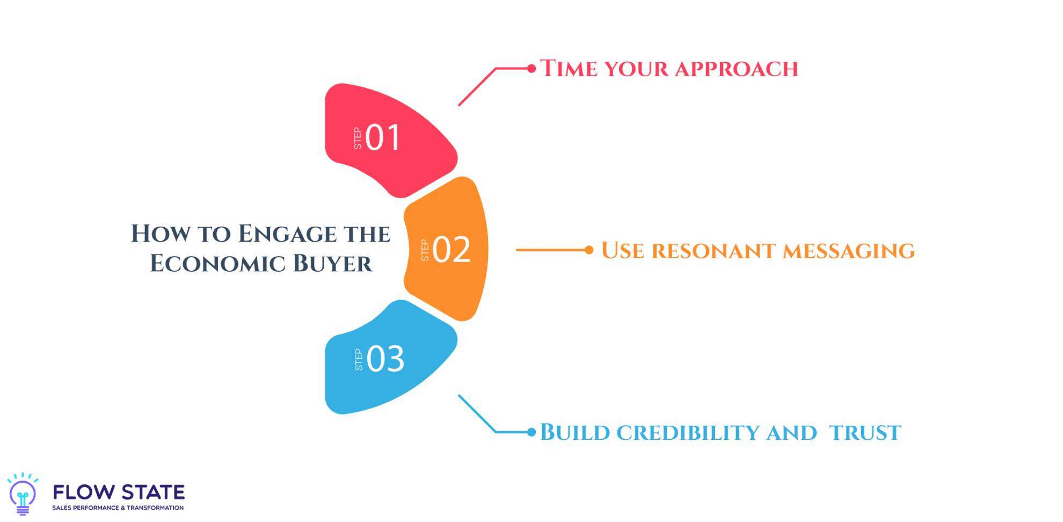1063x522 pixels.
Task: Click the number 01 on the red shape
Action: tap(383, 137)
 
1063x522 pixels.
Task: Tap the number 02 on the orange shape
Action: tap(452, 250)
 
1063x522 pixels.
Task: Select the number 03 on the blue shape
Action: tap(385, 359)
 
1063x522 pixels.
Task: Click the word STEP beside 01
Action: tap(358, 138)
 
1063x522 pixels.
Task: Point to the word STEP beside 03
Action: tap(359, 360)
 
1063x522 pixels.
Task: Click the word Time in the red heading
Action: tap(568, 69)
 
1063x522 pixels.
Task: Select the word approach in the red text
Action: tap(736, 69)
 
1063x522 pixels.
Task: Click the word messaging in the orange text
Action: tap(848, 251)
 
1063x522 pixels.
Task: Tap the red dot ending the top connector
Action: tap(531, 68)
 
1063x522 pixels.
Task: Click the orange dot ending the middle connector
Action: tap(589, 250)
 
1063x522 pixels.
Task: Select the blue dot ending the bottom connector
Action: tap(531, 432)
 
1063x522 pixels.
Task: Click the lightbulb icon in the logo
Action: tap(23, 495)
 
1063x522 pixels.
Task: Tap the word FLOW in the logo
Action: tap(84, 492)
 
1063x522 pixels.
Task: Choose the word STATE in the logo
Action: tap(152, 492)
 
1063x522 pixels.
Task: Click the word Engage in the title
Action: tap(287, 234)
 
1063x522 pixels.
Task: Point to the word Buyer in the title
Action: tap(332, 264)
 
